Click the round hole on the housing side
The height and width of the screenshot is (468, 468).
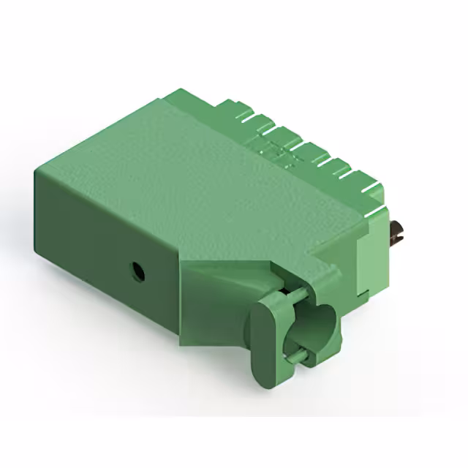(x=136, y=273)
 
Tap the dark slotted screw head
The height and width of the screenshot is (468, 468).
(x=398, y=233)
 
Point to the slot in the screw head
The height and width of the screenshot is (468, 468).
(x=398, y=233)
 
